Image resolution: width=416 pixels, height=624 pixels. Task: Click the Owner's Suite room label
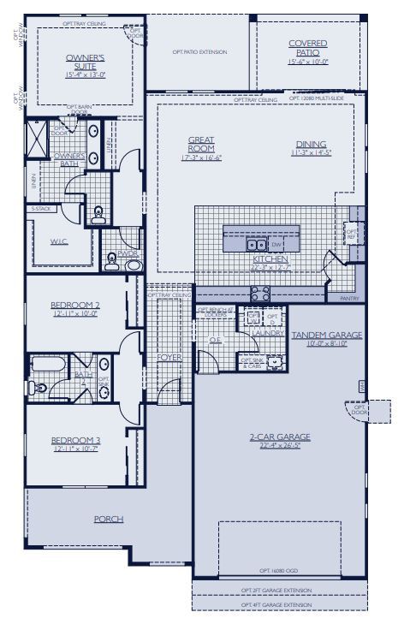point(85,59)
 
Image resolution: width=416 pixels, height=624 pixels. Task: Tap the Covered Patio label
point(308,47)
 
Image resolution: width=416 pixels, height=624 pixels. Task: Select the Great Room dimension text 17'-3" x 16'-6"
point(201,158)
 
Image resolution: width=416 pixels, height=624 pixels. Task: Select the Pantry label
point(349,298)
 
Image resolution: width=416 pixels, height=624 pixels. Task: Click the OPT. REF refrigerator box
point(351,232)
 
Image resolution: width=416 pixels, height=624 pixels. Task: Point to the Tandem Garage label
point(327,335)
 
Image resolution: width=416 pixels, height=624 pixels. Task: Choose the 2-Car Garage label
point(279,437)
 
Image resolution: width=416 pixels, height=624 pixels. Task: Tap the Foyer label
point(169,357)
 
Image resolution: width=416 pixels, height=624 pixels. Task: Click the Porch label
point(109,519)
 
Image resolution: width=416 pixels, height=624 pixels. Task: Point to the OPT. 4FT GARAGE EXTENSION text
point(276,605)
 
